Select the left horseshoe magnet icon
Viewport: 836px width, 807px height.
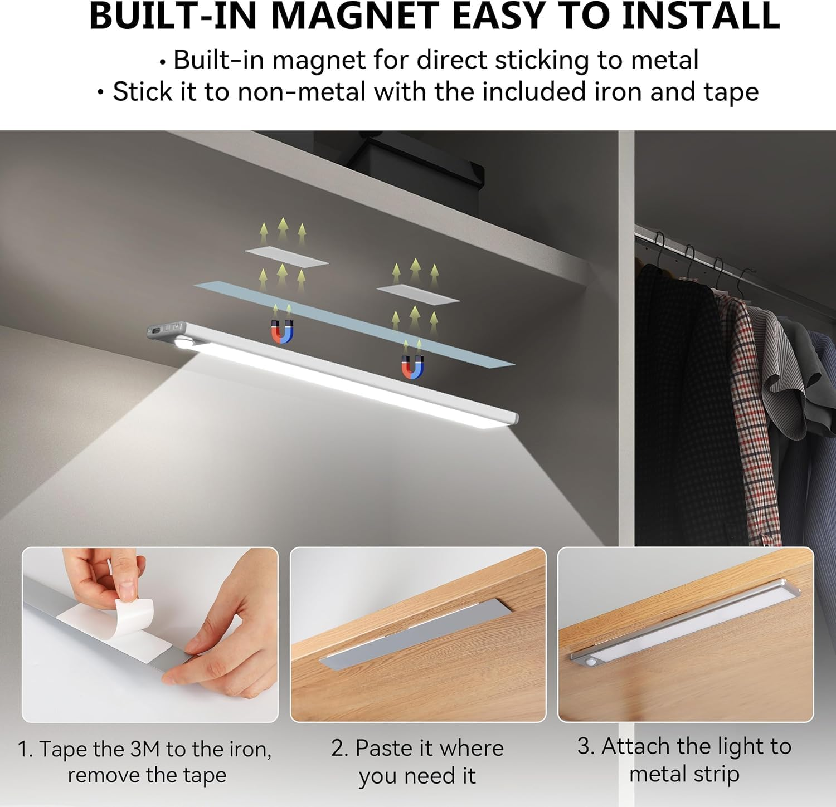(x=282, y=332)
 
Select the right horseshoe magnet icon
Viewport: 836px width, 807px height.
(x=412, y=368)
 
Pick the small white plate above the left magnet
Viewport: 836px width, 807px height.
(x=286, y=257)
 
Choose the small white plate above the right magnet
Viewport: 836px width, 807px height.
(x=418, y=294)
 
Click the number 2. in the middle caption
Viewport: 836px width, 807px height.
(x=339, y=748)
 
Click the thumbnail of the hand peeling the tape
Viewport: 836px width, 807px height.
(x=150, y=635)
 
